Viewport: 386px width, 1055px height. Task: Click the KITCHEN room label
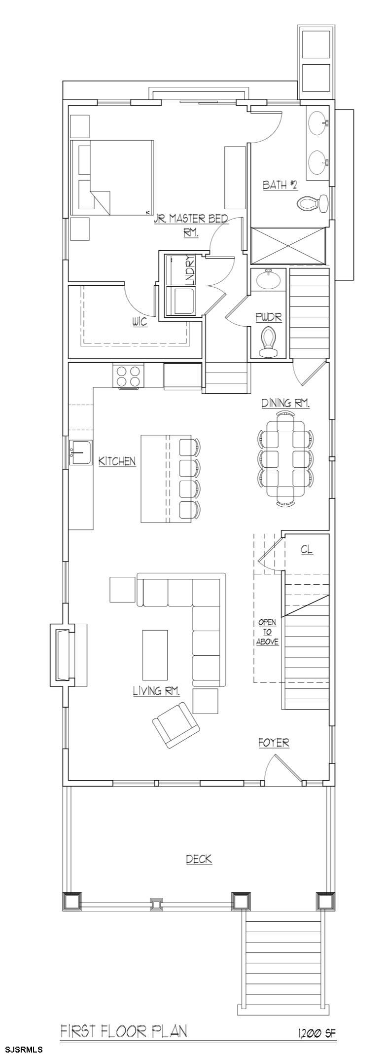click(x=117, y=461)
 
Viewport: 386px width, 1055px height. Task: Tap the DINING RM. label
click(x=285, y=403)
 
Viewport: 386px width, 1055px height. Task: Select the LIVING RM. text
click(x=156, y=691)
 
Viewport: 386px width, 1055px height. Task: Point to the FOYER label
click(x=274, y=743)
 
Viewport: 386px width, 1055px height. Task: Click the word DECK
click(x=199, y=859)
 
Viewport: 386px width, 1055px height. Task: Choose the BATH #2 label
click(x=280, y=185)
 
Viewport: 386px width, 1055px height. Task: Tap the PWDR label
click(x=269, y=317)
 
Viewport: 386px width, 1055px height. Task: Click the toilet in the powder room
click(x=269, y=342)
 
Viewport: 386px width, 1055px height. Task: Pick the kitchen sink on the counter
click(x=80, y=452)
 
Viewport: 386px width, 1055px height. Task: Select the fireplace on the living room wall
click(x=62, y=654)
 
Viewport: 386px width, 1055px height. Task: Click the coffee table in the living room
click(x=155, y=655)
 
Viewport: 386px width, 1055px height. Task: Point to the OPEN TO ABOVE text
click(x=267, y=632)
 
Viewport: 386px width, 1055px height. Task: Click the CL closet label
click(x=307, y=550)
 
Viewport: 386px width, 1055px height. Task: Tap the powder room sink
click(x=269, y=279)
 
